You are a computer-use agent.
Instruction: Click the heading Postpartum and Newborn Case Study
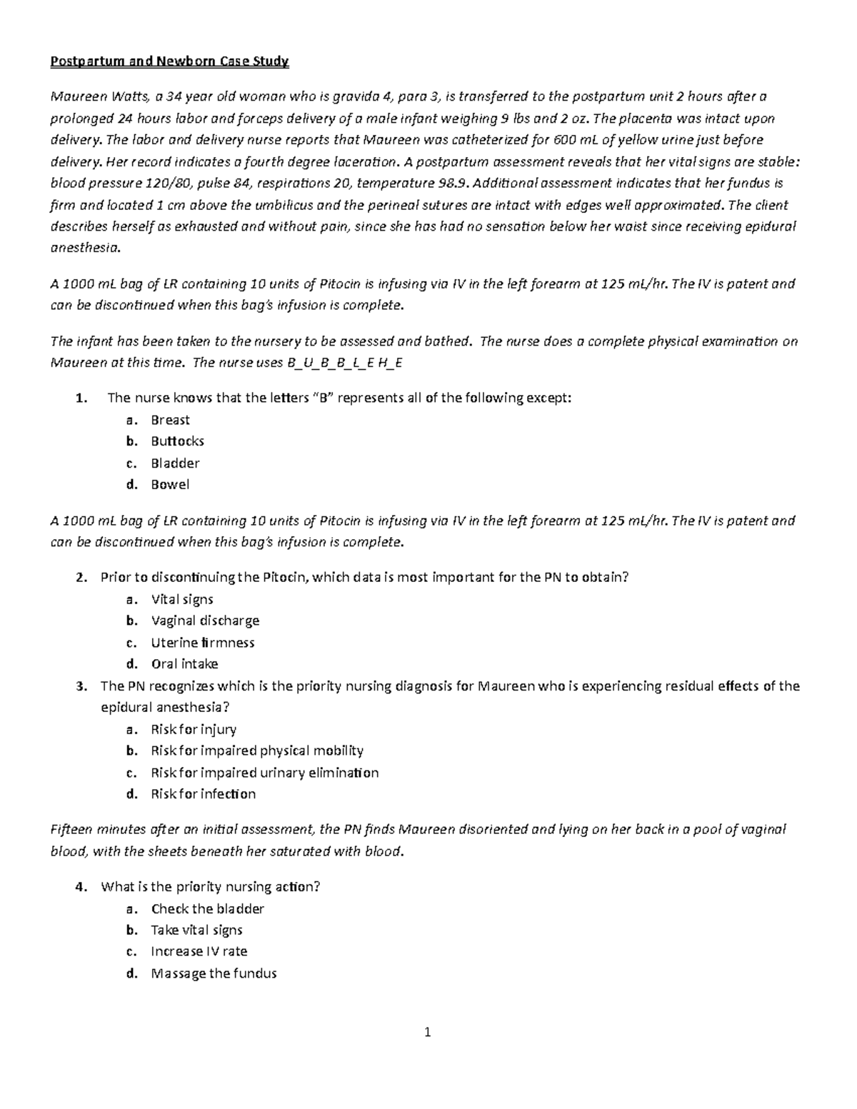point(169,61)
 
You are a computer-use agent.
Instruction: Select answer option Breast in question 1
point(170,420)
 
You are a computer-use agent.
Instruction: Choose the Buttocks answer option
point(177,441)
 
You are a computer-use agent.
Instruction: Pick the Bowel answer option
point(170,484)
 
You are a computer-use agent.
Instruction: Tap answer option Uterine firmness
point(203,643)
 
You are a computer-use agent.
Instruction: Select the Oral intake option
point(184,664)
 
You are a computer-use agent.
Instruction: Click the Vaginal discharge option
point(205,621)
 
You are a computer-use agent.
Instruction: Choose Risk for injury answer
point(194,729)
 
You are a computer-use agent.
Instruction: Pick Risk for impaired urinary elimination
point(264,773)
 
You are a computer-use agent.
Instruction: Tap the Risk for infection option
point(203,794)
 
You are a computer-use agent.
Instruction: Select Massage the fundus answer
point(214,973)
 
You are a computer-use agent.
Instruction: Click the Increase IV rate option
point(199,951)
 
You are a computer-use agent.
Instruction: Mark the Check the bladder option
point(207,909)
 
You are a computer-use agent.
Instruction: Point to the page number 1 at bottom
point(428,1032)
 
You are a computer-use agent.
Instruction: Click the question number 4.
point(80,887)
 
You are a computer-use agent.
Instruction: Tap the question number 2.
point(80,578)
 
